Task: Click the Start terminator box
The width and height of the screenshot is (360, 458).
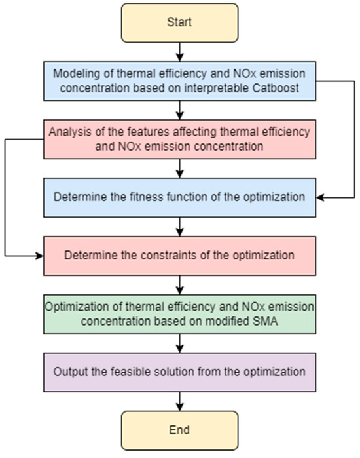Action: point(180,23)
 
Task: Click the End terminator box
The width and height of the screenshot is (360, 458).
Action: point(180,430)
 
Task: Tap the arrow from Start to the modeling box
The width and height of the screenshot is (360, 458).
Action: point(180,52)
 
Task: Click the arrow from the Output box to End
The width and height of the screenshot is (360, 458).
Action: point(180,402)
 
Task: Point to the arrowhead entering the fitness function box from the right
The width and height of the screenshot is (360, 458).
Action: point(320,197)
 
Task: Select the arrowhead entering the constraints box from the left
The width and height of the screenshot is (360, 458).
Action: point(39,256)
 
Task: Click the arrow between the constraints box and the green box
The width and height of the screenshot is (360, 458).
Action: point(180,285)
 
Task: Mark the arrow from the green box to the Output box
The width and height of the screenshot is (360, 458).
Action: point(180,343)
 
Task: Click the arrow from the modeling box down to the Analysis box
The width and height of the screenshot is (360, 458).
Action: point(180,110)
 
